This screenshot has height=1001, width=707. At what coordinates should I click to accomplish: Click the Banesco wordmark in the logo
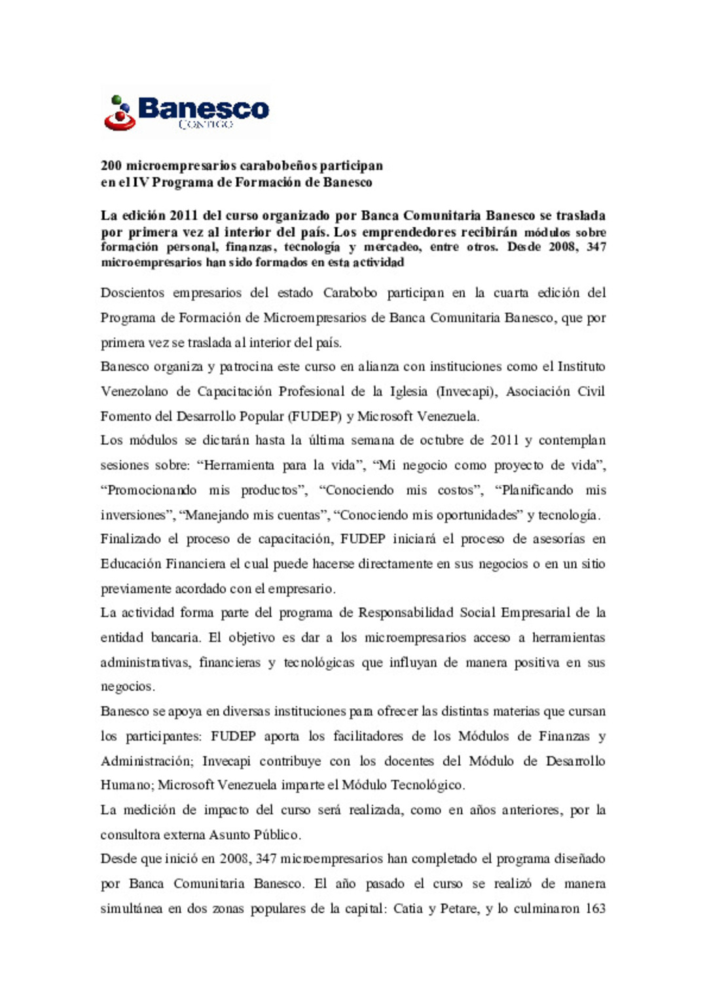[203, 108]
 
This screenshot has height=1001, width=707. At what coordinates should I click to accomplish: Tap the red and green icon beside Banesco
[119, 113]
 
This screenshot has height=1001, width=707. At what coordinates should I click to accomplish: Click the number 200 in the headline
[111, 166]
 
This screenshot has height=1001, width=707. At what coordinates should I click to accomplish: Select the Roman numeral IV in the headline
[141, 183]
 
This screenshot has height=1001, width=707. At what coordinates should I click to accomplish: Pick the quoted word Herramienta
[239, 465]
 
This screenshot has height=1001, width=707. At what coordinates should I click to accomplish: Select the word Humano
[126, 785]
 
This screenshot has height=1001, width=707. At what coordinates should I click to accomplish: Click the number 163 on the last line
[593, 909]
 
